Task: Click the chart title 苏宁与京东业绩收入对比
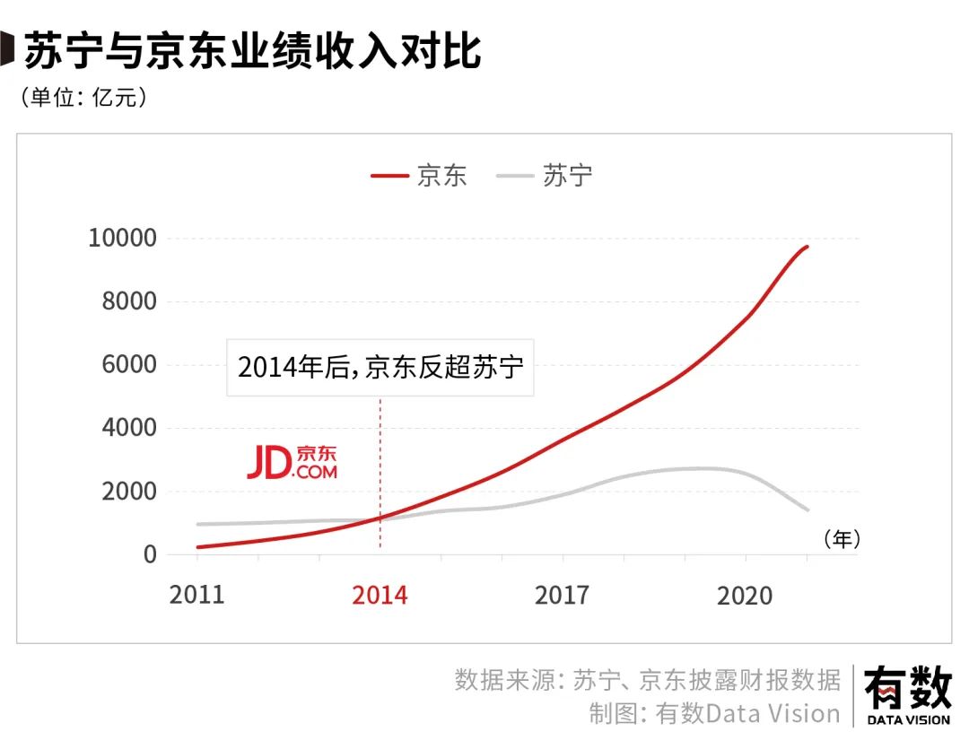(x=251, y=52)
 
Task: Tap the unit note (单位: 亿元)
(x=83, y=98)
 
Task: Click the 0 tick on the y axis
(x=149, y=554)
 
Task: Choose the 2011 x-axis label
(x=196, y=595)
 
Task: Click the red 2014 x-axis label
(x=380, y=595)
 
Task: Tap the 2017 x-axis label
(x=563, y=595)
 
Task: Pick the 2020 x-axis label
(x=745, y=595)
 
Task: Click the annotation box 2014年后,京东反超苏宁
(x=380, y=366)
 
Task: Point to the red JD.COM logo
(x=292, y=462)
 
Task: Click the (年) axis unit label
(x=841, y=538)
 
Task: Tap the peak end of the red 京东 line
(x=807, y=247)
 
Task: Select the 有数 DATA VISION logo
(x=908, y=696)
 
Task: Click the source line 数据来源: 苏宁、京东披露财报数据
(x=648, y=679)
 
